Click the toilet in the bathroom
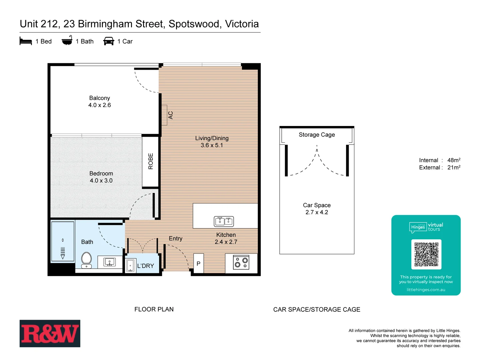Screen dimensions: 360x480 coord(86,260)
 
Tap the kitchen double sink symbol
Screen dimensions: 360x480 coord(224,221)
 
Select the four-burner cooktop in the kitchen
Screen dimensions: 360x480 coord(241,262)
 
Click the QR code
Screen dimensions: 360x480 coord(426,254)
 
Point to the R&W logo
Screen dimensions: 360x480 coord(50,334)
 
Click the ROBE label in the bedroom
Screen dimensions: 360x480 coord(151,161)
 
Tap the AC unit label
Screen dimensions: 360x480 coord(170,115)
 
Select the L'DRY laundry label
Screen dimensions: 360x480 coord(146,266)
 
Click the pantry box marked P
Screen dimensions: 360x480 coord(198,264)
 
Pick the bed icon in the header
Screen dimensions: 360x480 coord(26,41)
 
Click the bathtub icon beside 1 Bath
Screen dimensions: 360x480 coord(67,41)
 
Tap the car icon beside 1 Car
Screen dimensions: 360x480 coord(109,41)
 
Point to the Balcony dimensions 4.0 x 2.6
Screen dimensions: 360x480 coord(99,105)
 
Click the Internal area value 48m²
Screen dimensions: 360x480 coord(454,160)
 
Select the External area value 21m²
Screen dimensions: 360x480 coord(454,168)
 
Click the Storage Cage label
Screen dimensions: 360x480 coord(317,135)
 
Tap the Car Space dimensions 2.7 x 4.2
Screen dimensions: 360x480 coord(317,212)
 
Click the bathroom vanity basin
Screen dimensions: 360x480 coord(109,262)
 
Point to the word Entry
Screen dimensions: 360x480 coord(175,239)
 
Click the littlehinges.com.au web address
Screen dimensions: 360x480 coord(426,290)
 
